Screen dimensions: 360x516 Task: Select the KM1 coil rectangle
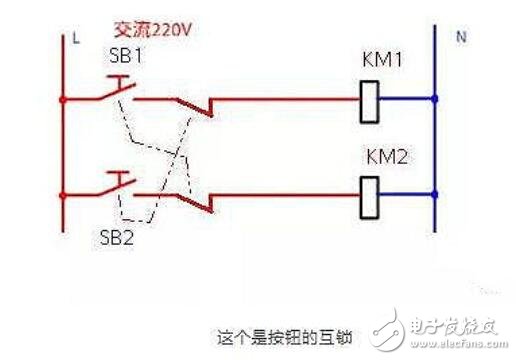(x=367, y=100)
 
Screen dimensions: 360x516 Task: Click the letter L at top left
(x=76, y=39)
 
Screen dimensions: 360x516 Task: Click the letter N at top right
(x=462, y=37)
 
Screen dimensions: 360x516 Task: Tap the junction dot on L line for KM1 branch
(x=64, y=100)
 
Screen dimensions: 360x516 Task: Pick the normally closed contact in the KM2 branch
(x=200, y=201)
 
